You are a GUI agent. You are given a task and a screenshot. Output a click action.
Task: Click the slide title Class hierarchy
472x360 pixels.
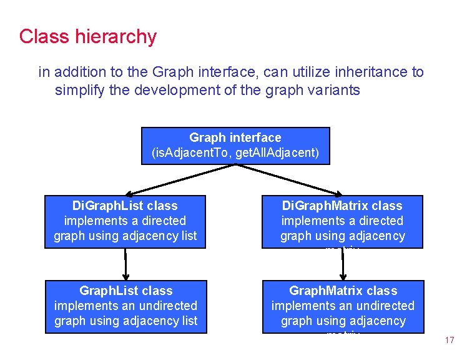87,37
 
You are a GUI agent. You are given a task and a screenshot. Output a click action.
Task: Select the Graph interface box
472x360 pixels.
235,146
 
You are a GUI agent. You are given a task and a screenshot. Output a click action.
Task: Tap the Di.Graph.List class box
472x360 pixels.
125,221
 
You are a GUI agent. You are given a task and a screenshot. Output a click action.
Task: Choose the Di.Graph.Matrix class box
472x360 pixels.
343,221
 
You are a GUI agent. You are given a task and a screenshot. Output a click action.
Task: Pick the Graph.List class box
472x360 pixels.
125,306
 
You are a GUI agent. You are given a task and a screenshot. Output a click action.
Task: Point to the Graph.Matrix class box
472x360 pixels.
343,306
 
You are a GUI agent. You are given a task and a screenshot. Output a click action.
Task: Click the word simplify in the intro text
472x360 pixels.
77,90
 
